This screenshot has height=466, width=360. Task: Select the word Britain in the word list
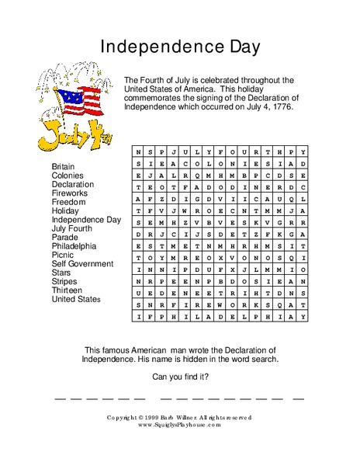[x=64, y=167]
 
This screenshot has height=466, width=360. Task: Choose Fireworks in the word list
[x=71, y=193]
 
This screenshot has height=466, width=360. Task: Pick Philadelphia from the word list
[x=74, y=246]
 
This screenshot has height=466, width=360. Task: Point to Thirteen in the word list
[x=67, y=290]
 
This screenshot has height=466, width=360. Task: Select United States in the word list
[x=76, y=299]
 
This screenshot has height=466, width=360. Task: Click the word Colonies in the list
[x=67, y=176]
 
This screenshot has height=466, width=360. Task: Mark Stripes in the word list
[x=65, y=281]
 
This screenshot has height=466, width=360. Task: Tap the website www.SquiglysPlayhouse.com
[x=179, y=425]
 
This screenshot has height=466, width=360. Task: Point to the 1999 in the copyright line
[x=161, y=417]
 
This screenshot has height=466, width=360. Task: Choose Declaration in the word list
[x=73, y=185]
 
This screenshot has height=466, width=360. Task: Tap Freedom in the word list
[x=69, y=202]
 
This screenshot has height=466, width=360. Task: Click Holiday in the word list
[x=65, y=210]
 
